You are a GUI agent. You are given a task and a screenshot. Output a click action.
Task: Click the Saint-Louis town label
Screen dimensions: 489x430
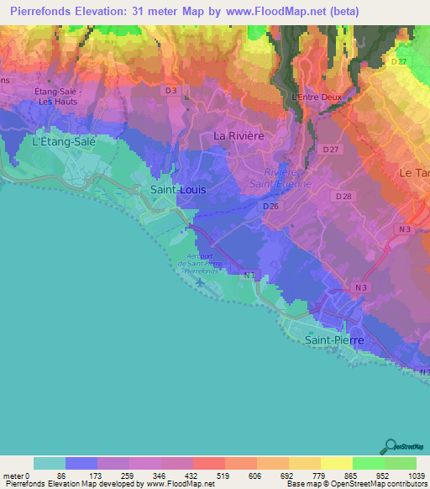177,190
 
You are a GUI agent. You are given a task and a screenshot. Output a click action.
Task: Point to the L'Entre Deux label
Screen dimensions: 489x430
317,97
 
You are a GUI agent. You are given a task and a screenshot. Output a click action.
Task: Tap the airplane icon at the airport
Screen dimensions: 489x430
200,282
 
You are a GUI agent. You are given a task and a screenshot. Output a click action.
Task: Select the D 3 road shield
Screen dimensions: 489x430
170,90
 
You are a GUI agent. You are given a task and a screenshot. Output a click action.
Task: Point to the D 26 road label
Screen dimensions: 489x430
270,206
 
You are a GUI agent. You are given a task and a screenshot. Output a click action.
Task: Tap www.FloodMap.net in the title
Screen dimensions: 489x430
287,11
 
